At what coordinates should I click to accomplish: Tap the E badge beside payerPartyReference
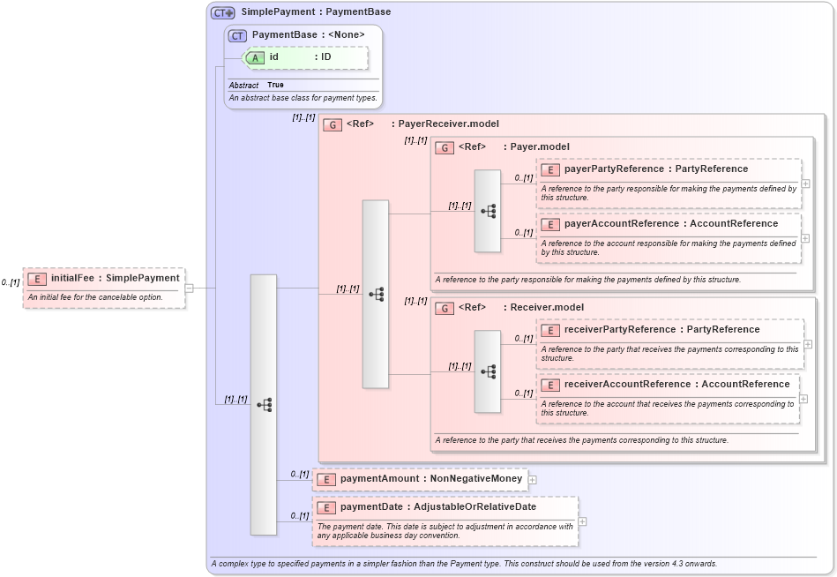(x=550, y=169)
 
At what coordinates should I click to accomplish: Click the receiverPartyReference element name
(x=619, y=330)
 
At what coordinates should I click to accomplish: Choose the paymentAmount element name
(x=380, y=479)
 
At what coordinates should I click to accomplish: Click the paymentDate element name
(x=373, y=507)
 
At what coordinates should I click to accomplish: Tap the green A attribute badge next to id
(x=255, y=57)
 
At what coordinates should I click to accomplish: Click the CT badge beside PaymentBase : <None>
(x=237, y=35)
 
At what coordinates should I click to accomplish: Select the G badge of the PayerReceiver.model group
(x=333, y=124)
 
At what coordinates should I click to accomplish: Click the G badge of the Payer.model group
(x=445, y=147)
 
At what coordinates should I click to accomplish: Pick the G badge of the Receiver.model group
(x=445, y=308)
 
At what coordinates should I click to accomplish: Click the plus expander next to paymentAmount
(x=532, y=480)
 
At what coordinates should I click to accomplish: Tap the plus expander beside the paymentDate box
(x=582, y=521)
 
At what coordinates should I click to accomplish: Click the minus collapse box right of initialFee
(x=189, y=288)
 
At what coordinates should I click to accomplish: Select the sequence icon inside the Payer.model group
(x=488, y=211)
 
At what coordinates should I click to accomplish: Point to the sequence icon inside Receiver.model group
(x=488, y=371)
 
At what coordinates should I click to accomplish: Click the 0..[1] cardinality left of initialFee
(x=11, y=282)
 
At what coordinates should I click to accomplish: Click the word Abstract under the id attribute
(x=243, y=86)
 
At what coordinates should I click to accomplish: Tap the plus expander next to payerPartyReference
(x=805, y=184)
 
